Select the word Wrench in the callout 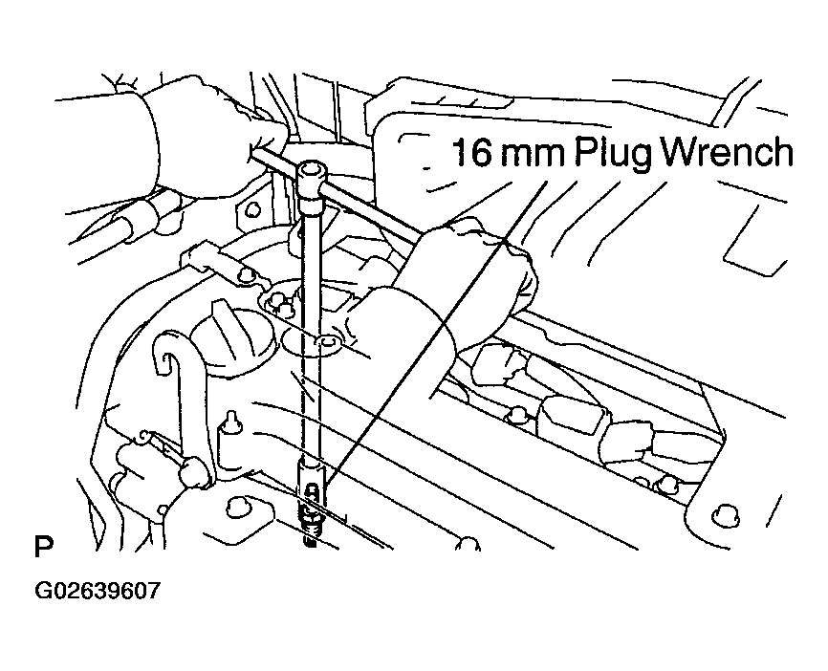coord(731,153)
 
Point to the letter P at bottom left coord(42,549)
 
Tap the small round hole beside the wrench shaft coord(329,341)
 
